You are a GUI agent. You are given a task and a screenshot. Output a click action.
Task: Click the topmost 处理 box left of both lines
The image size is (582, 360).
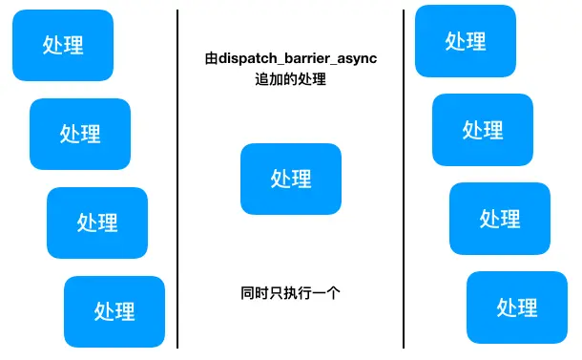click(x=63, y=45)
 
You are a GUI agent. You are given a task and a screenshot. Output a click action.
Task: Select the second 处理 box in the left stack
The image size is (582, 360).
click(x=80, y=134)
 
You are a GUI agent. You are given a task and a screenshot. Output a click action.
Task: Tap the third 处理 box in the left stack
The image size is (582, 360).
click(x=97, y=222)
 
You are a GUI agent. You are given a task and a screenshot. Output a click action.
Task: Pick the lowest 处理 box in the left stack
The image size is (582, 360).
click(x=114, y=310)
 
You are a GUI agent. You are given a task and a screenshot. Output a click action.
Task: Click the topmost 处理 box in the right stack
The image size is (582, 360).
click(x=466, y=40)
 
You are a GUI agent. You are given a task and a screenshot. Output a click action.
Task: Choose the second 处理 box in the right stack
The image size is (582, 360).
click(x=483, y=129)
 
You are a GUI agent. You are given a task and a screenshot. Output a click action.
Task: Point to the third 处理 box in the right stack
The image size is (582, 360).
click(x=500, y=218)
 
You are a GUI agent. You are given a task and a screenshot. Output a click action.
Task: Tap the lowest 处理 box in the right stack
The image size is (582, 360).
click(x=517, y=307)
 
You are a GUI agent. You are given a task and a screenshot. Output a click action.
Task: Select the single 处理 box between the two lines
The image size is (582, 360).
click(x=291, y=178)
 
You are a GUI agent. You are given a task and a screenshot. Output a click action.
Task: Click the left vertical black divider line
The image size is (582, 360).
click(x=177, y=181)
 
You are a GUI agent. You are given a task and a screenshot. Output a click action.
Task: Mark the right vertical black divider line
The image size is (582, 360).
click(x=404, y=181)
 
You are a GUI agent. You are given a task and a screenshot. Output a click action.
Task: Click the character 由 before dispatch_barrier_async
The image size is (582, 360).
click(x=211, y=59)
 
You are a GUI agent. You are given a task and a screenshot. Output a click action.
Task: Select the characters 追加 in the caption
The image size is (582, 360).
click(x=258, y=80)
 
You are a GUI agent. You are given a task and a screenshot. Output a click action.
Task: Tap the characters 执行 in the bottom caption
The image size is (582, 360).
click(x=291, y=293)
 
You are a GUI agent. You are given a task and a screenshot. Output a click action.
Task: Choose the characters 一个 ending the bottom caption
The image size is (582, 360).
click(x=326, y=293)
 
